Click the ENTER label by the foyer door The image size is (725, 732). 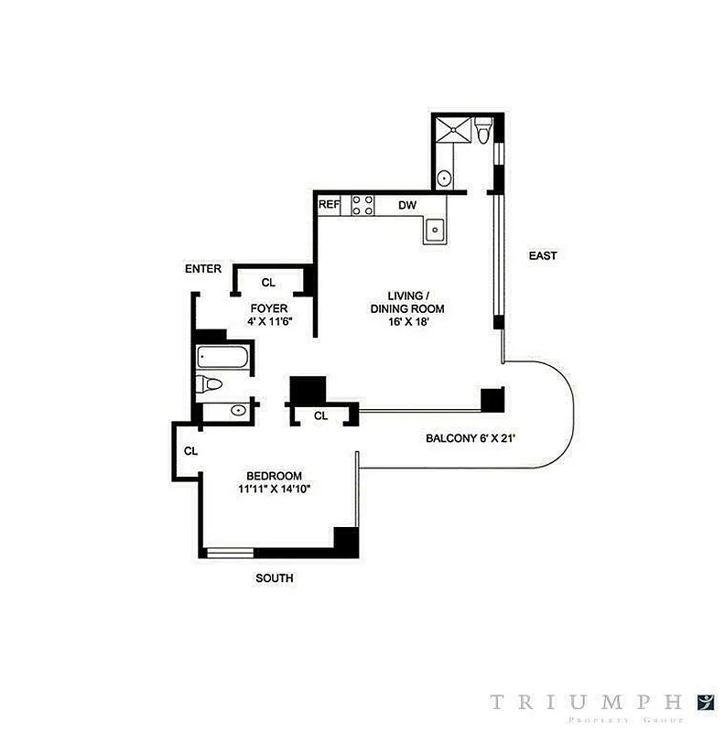[203, 269]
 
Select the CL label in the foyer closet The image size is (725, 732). [268, 282]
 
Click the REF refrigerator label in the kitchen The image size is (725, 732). [329, 206]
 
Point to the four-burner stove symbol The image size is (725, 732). [362, 206]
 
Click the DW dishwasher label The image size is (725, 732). [406, 206]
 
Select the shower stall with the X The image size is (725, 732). [454, 130]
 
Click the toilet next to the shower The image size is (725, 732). [485, 133]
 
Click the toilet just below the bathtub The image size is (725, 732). [210, 385]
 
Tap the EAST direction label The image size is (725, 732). [542, 256]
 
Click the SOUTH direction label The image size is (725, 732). [276, 578]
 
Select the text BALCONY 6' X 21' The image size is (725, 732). [471, 438]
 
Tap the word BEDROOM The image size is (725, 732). [274, 475]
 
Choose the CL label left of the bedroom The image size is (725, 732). [190, 451]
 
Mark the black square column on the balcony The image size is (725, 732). [492, 399]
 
